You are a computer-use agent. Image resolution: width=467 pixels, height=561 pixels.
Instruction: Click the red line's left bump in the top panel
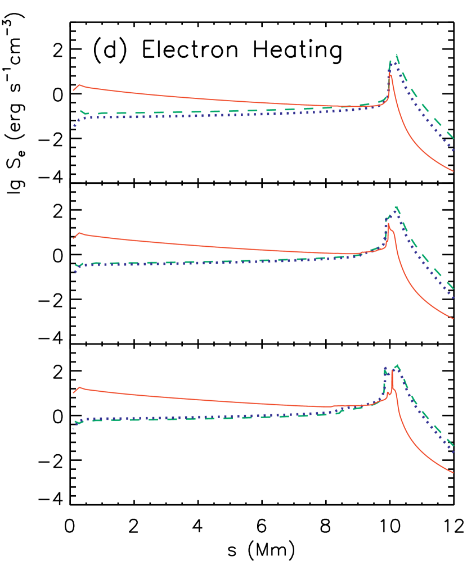click(x=79, y=85)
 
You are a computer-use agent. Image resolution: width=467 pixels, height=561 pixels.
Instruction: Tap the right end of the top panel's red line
click(x=453, y=171)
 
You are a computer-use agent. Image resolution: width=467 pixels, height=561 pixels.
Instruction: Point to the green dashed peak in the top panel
click(x=397, y=55)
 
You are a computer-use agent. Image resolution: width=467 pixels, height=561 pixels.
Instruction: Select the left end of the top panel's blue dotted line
click(x=74, y=126)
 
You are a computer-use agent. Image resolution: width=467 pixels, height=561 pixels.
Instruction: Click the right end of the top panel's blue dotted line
click(x=453, y=150)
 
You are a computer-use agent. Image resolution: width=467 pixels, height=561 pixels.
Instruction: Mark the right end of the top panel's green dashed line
click(x=453, y=138)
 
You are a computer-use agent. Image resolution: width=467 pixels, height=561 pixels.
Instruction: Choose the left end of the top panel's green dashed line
click(x=80, y=111)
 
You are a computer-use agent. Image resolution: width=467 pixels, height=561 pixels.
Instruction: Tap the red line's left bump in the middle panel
click(x=79, y=233)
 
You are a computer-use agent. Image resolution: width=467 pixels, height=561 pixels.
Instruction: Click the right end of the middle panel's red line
click(x=453, y=319)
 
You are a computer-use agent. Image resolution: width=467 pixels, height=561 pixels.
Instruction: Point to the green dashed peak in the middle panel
click(x=397, y=207)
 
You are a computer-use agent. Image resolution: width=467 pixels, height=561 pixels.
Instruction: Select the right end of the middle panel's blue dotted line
click(x=453, y=298)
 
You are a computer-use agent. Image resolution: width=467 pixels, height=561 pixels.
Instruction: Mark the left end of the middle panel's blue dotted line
click(x=74, y=272)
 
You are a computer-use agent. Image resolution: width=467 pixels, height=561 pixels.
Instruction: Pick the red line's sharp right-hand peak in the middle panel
click(x=388, y=224)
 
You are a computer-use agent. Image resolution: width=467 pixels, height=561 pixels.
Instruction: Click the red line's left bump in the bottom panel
click(x=79, y=387)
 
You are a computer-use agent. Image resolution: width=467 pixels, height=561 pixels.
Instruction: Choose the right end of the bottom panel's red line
click(x=453, y=473)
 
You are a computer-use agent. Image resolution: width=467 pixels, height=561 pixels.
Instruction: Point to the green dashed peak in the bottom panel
click(x=398, y=365)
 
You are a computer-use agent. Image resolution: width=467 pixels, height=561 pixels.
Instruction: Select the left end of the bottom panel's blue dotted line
click(x=73, y=428)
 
